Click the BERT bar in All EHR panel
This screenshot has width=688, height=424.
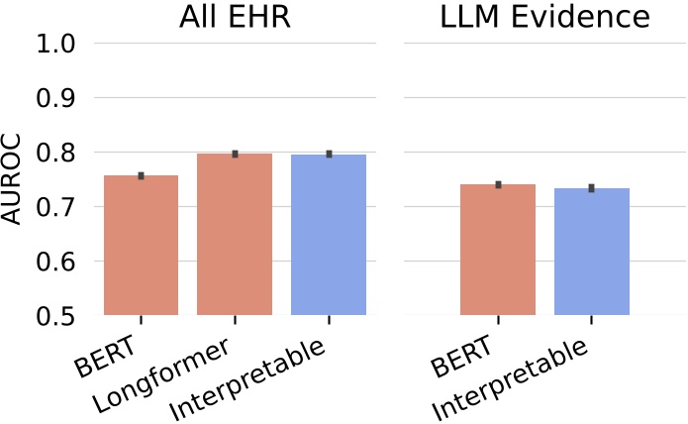(141, 246)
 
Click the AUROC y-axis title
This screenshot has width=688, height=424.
(13, 179)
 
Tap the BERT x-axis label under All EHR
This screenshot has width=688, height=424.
(108, 357)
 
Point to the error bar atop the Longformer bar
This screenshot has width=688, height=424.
(235, 154)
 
